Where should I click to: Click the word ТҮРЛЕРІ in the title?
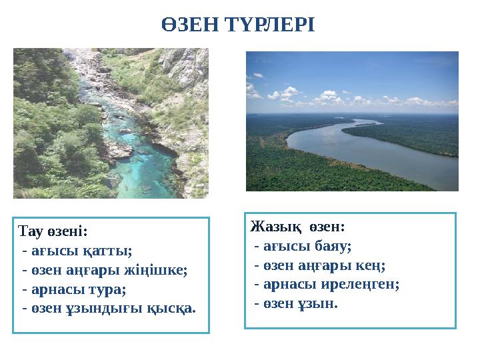click(273, 25)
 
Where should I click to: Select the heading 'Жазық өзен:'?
click(297, 227)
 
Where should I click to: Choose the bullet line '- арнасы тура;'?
click(73, 290)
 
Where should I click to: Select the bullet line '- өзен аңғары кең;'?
click(320, 265)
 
